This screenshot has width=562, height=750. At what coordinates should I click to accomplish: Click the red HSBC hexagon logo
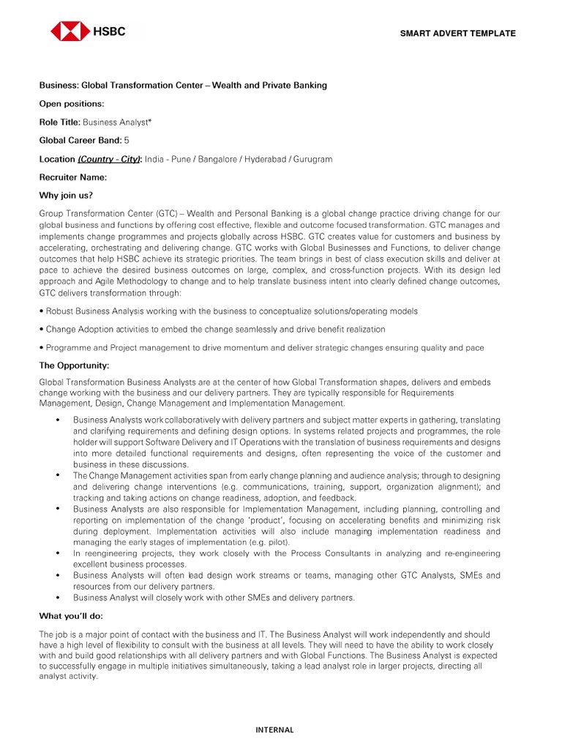tap(70, 31)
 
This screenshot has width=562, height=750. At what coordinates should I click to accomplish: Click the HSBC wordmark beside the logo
tap(108, 31)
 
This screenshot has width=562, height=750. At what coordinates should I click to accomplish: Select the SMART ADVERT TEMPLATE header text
tap(457, 34)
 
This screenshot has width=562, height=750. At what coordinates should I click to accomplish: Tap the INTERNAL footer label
tap(274, 729)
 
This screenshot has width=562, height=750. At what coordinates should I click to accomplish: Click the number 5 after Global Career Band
tap(127, 141)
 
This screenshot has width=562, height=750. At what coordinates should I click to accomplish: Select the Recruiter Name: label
tap(73, 177)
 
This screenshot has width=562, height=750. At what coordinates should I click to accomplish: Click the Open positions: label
tap(71, 104)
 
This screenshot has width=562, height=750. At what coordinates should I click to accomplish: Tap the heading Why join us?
tap(66, 196)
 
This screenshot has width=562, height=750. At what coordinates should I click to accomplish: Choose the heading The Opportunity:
tap(74, 365)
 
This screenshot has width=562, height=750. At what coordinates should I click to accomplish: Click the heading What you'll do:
tap(72, 617)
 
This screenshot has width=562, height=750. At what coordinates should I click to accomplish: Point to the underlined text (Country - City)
tap(110, 159)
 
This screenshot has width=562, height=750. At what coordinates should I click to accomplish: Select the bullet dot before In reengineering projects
tap(58, 554)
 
